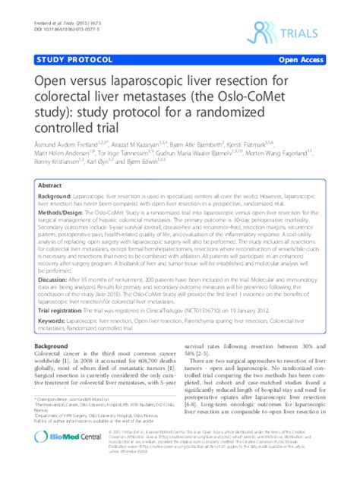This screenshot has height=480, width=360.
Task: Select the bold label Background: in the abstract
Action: pyautogui.click(x=59, y=196)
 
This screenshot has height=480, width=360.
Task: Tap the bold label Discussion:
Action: pyautogui.click(x=58, y=279)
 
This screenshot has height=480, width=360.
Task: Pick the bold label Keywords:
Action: pyautogui.click(x=56, y=321)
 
